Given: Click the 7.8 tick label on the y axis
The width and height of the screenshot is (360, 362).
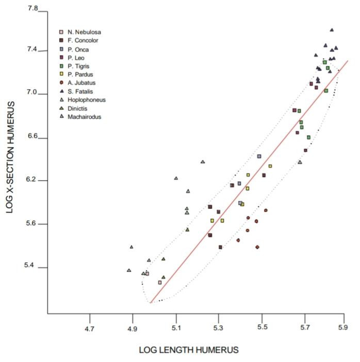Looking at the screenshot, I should pos(32,9).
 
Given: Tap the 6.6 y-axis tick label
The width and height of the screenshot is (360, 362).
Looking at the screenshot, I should pos(32,138).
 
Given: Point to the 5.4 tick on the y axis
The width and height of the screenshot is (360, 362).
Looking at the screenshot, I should pos(32,267).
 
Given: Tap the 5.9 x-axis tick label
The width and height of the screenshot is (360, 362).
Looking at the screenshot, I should pos(342,328).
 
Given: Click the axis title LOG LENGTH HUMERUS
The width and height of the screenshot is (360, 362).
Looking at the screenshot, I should pos(189,350).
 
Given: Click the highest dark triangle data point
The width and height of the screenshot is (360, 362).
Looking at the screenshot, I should pos(332,30).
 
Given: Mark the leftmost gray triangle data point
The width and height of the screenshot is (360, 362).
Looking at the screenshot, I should pos(129,270).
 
